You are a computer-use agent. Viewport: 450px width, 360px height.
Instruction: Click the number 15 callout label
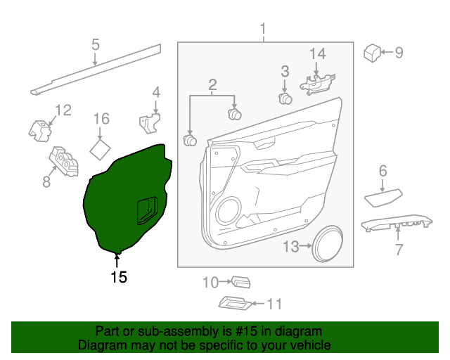click(x=119, y=277)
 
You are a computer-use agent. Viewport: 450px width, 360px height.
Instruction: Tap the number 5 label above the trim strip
click(x=95, y=46)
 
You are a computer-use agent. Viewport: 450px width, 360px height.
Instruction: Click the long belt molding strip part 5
click(x=98, y=69)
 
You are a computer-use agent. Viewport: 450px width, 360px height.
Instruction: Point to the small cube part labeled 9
click(x=372, y=52)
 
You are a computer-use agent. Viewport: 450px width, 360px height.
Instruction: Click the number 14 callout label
click(x=318, y=53)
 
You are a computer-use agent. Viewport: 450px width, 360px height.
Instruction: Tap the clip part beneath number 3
click(x=285, y=98)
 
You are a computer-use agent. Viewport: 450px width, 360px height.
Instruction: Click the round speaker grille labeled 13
click(x=329, y=244)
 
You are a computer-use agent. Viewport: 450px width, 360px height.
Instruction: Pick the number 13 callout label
click(x=291, y=246)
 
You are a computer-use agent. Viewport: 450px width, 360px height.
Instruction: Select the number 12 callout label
click(x=63, y=110)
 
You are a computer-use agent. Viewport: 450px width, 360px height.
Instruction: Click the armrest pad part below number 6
click(x=383, y=197)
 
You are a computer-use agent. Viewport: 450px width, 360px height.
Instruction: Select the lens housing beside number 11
click(x=234, y=303)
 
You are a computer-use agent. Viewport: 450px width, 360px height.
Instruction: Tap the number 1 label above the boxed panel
click(x=264, y=30)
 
